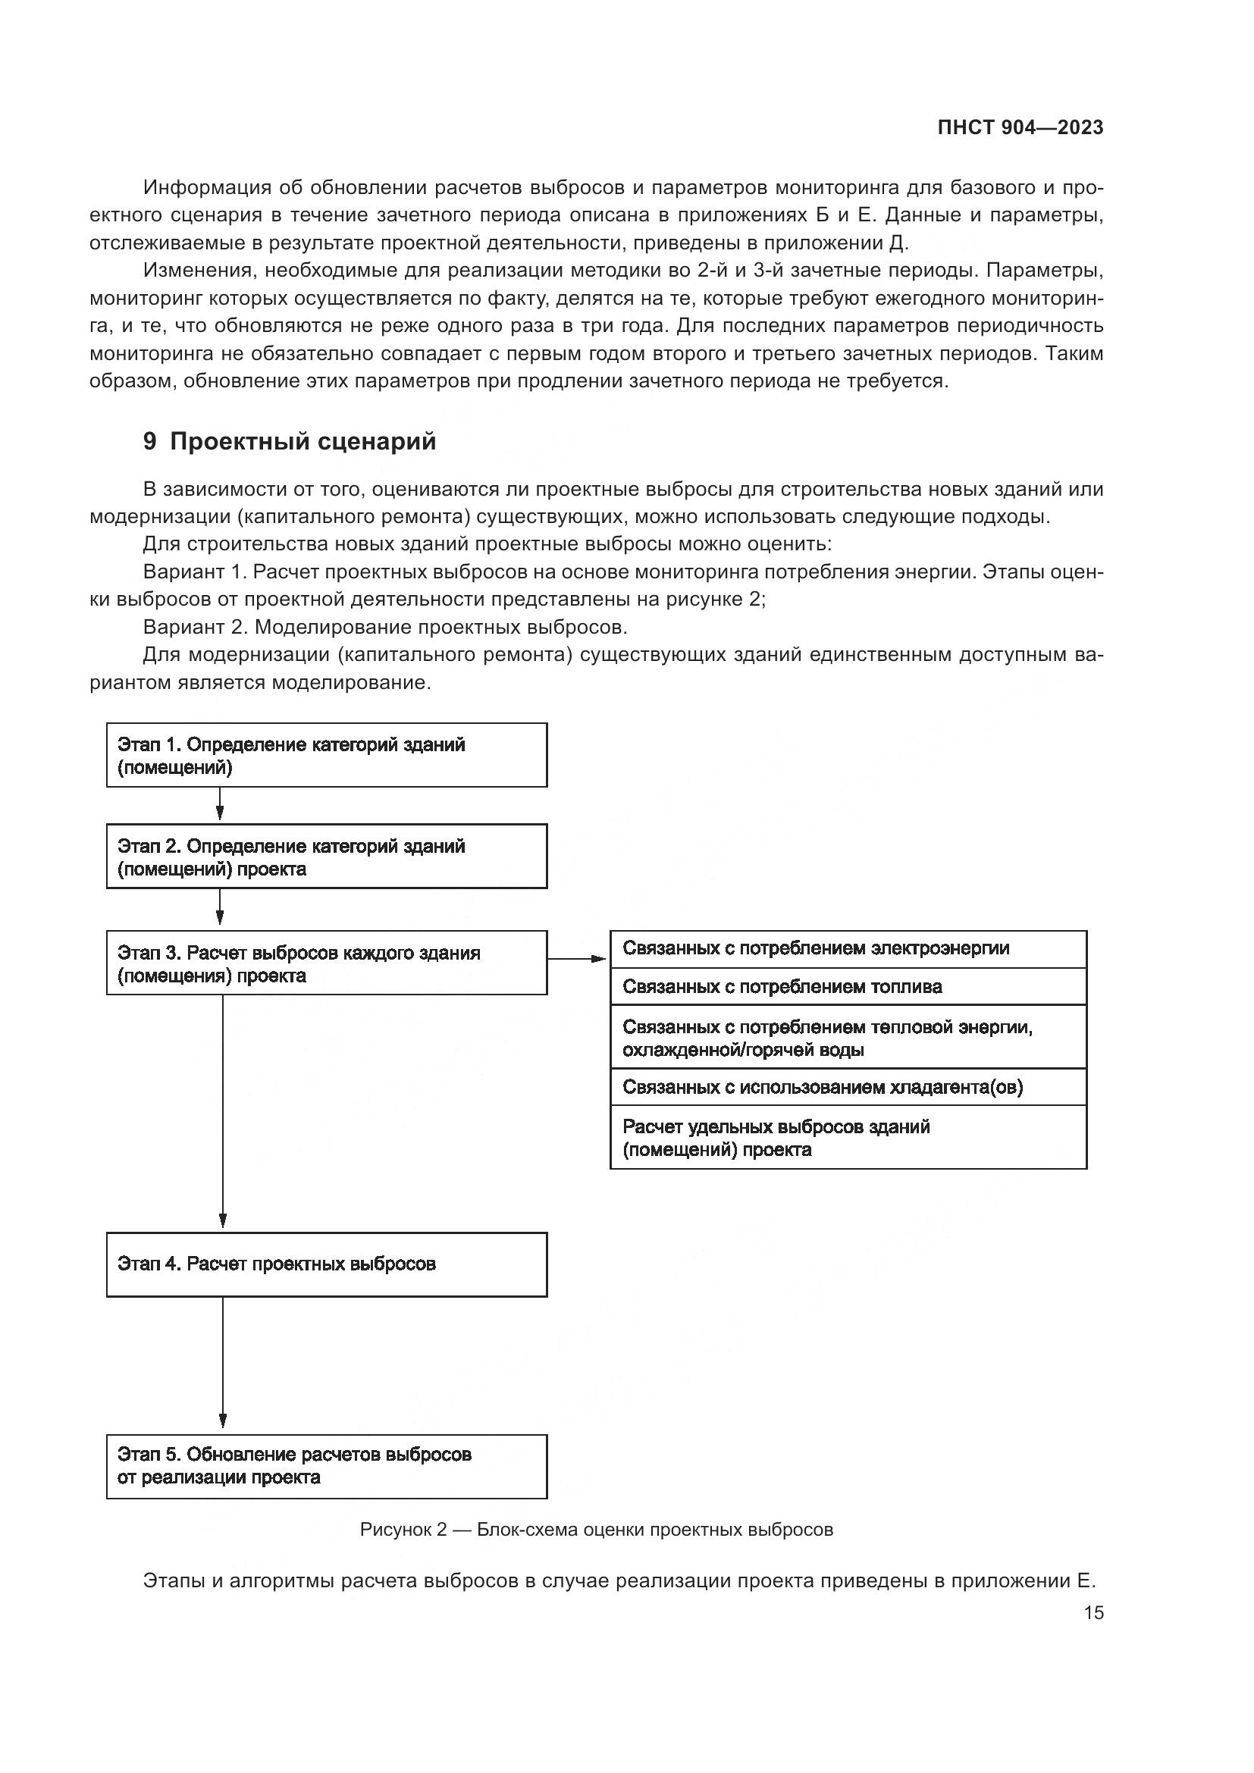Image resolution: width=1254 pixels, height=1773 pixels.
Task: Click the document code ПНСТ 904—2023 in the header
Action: point(1020,128)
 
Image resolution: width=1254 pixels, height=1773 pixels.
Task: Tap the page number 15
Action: point(1093,1612)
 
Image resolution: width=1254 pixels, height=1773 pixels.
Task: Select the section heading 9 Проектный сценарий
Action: point(290,442)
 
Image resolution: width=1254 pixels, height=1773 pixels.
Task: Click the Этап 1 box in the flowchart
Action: point(327,755)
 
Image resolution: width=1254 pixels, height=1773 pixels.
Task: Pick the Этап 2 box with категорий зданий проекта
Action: point(327,857)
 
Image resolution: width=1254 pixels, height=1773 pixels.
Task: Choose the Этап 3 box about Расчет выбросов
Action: point(327,963)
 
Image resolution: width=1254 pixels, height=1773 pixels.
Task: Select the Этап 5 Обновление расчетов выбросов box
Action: point(327,1467)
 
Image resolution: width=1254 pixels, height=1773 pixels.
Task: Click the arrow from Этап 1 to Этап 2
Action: point(220,806)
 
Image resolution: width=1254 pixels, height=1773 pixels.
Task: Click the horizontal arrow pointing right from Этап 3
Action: point(578,959)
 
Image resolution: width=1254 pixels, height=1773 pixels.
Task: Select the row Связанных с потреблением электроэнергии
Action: point(848,949)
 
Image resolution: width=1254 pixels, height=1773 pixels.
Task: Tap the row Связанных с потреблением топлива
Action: point(848,987)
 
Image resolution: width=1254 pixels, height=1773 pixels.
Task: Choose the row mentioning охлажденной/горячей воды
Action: point(848,1037)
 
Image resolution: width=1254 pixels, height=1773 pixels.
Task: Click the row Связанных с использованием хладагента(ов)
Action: point(848,1087)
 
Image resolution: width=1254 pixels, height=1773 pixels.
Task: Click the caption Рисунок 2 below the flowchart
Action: point(596,1530)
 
